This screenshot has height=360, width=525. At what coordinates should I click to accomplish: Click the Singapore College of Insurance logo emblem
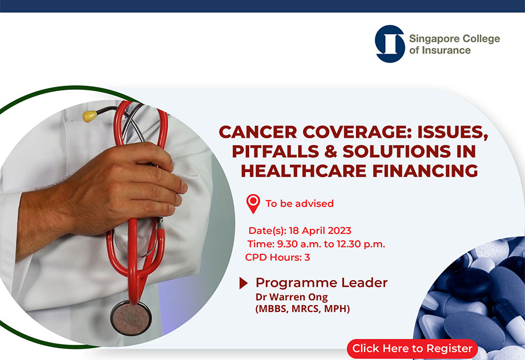(390, 44)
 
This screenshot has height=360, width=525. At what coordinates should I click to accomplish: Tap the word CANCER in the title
(258, 132)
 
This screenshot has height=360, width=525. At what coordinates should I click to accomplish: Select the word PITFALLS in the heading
(275, 151)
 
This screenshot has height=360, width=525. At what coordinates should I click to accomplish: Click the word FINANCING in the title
(425, 171)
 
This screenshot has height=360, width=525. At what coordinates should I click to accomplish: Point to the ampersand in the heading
(331, 151)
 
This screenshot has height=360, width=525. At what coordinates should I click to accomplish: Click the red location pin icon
(253, 204)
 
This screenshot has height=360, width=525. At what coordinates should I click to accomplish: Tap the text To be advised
(300, 204)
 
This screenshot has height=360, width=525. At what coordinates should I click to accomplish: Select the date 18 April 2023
(320, 230)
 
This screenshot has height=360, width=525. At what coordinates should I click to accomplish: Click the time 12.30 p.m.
(361, 244)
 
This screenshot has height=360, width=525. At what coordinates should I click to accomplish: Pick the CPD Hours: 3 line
(278, 257)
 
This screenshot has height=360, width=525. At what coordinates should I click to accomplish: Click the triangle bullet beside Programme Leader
(243, 284)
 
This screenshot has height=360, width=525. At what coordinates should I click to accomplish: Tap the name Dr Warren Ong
(292, 297)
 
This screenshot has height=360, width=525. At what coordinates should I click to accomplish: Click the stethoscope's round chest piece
(131, 317)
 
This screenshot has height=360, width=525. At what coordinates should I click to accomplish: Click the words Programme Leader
(321, 283)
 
